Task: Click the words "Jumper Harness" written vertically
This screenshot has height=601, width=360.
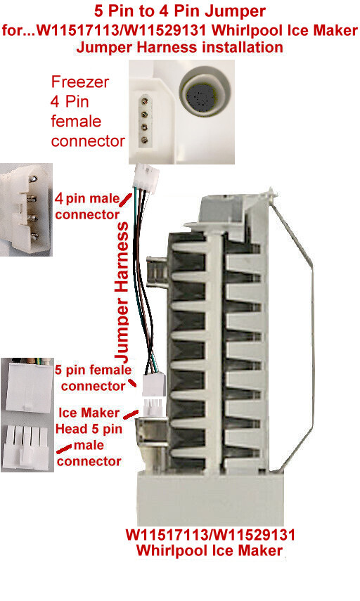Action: click(x=122, y=292)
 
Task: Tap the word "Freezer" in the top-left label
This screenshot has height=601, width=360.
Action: click(x=79, y=82)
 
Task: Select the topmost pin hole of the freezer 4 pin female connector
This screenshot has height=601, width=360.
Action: click(x=145, y=101)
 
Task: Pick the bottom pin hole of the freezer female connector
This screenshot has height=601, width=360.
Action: click(x=145, y=140)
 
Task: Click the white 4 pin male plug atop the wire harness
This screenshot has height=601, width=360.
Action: click(x=146, y=176)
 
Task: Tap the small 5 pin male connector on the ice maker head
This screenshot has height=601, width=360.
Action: click(x=153, y=408)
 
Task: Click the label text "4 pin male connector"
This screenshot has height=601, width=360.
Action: click(x=87, y=206)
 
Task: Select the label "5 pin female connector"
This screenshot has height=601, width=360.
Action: click(x=93, y=377)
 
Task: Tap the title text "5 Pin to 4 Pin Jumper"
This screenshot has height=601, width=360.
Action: click(x=180, y=11)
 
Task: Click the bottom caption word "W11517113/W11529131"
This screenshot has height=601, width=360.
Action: click(x=210, y=534)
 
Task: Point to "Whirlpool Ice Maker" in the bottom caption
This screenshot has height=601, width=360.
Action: click(x=210, y=550)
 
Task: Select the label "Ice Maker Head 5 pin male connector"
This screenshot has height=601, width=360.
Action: click(x=89, y=437)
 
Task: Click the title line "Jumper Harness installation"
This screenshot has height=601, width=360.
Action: click(x=180, y=47)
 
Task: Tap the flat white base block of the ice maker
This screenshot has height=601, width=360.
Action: click(x=210, y=498)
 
